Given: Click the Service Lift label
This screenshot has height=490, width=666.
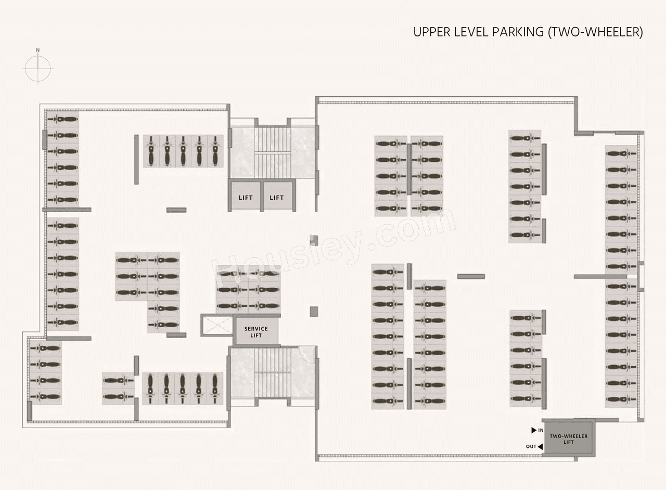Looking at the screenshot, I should click(256, 332).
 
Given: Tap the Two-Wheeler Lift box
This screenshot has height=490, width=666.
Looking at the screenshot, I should click(568, 439).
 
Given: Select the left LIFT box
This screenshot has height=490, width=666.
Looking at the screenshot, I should click(246, 197).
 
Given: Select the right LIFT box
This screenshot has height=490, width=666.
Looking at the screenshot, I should click(277, 197).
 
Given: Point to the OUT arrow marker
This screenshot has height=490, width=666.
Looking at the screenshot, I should click(540, 446).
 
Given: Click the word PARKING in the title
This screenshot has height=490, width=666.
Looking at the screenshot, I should click(518, 32).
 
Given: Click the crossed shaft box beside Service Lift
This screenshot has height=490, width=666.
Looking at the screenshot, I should click(217, 326).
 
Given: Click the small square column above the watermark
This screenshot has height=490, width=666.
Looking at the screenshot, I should click(314, 240).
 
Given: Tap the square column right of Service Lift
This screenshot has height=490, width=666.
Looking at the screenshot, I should click(314, 311).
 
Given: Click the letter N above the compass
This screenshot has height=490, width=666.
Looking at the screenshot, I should click(38, 50).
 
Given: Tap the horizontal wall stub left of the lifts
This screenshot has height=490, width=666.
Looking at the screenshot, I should click(176, 210).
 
